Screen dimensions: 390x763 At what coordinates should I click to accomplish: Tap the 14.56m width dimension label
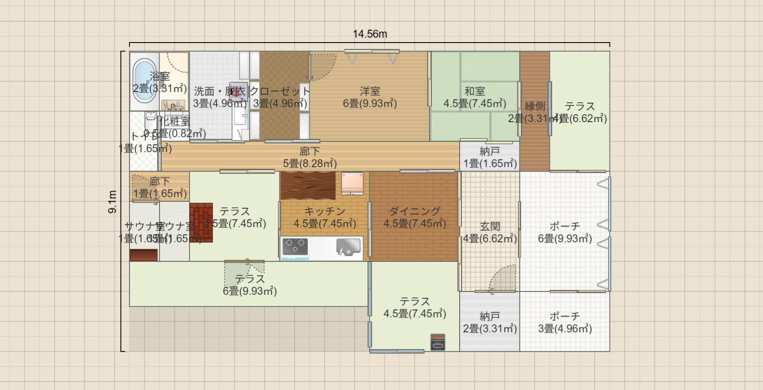point(370,34)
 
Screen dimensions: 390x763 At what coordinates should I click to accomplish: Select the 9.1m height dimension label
point(112,202)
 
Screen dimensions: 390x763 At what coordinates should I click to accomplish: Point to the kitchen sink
point(348,247)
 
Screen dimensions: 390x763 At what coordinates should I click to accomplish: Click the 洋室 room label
point(370,91)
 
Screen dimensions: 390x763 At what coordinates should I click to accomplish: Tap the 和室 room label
point(474,91)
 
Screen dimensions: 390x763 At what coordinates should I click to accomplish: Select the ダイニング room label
point(414,211)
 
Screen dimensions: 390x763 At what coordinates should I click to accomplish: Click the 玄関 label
point(490,226)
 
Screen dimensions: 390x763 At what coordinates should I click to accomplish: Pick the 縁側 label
point(535,106)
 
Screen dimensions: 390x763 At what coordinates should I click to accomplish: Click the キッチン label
point(325,211)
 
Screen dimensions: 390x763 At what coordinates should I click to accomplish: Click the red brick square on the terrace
point(201,223)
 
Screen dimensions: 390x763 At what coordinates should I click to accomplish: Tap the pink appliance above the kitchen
point(352,183)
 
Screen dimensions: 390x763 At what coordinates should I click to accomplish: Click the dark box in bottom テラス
point(437,342)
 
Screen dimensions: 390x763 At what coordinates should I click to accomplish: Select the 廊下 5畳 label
point(310,157)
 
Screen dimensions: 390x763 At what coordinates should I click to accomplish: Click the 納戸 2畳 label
point(490,322)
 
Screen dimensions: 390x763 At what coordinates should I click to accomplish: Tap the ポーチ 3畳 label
point(565,322)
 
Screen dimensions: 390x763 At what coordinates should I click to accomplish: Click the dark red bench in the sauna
point(143,255)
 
